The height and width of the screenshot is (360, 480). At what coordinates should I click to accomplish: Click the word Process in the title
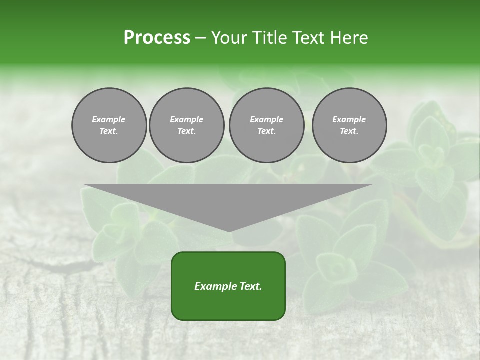coord(157,38)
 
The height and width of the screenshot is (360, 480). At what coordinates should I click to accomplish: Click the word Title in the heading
coord(269,38)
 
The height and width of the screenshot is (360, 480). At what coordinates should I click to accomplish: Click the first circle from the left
coord(109,125)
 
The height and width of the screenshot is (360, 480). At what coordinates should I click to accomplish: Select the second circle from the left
coord(186,125)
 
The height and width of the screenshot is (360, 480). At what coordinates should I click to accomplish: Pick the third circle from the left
coord(266,125)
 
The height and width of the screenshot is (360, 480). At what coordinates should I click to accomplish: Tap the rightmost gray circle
coord(349,125)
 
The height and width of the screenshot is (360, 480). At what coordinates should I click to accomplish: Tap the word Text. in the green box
coord(250,286)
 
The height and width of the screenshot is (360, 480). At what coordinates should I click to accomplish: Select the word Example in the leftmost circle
coord(109,120)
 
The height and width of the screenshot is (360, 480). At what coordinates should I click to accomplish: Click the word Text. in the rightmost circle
coord(349,131)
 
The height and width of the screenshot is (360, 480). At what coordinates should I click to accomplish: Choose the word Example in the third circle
coord(266,120)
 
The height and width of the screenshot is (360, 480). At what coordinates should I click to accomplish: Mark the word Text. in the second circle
coord(186,131)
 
